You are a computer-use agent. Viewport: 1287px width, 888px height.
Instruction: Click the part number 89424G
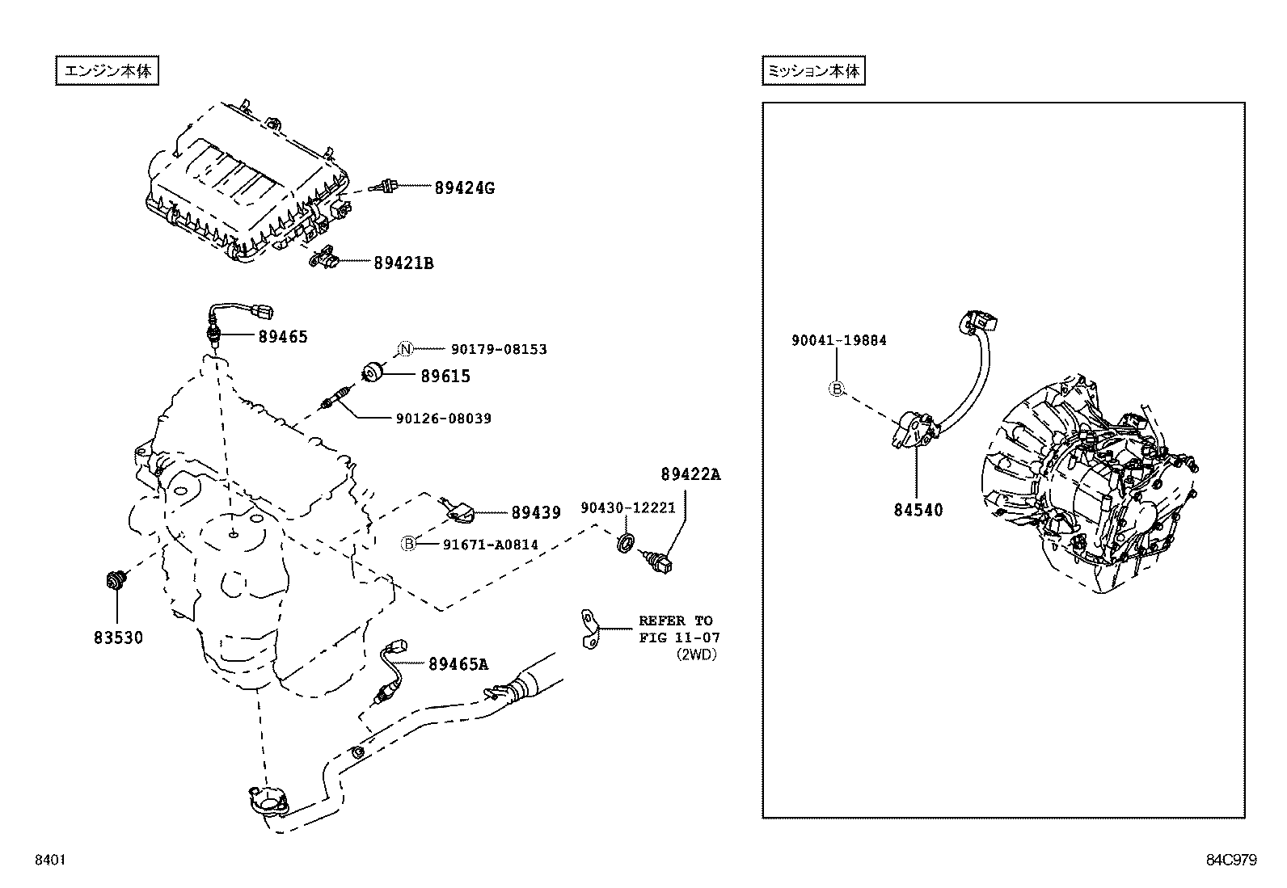pos(463,188)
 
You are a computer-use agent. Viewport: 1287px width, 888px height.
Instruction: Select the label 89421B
pos(403,263)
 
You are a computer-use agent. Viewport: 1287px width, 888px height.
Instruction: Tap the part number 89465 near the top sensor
pos(283,337)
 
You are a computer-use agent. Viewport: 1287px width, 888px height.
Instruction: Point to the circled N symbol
pos(406,349)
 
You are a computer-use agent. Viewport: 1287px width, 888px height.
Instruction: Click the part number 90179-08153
pos(499,349)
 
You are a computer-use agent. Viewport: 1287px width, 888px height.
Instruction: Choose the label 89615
pos(445,376)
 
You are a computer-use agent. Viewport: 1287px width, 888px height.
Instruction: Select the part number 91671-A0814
pos(490,545)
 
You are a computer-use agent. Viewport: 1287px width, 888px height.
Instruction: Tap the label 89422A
pos(689,474)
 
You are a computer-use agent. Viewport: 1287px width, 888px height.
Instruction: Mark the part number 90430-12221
pos(627,507)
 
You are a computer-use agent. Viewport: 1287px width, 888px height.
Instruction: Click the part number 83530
pos(117,638)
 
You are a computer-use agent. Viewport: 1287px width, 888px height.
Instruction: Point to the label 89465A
pos(458,664)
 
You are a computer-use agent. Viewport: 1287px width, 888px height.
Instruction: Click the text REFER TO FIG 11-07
pos(676,629)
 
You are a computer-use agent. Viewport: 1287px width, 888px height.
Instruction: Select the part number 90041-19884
pos(838,340)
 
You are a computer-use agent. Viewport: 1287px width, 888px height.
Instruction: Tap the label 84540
pos(918,510)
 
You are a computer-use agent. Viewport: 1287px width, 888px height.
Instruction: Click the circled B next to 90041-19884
pos(837,389)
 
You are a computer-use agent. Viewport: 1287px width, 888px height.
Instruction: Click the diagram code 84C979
pos(1231,860)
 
